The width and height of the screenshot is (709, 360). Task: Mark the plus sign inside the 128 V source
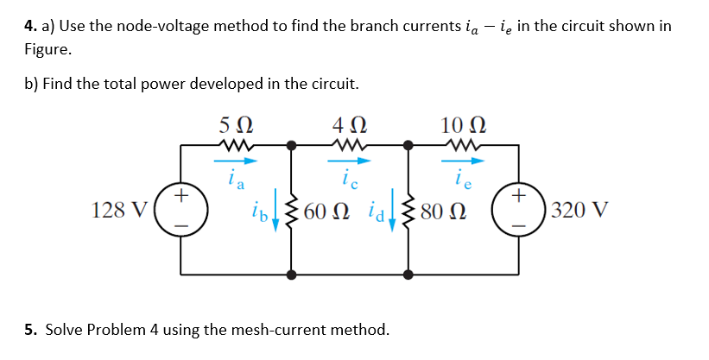tap(180, 197)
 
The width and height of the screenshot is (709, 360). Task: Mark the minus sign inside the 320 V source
tap(518, 225)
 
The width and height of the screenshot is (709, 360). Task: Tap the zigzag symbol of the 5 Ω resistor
tap(235, 145)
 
